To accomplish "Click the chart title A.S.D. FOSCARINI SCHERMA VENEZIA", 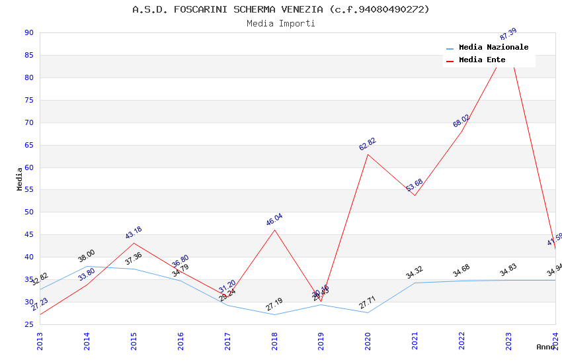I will (x=281, y=9).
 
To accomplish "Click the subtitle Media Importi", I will (x=281, y=24).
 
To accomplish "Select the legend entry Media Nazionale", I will (x=493, y=48).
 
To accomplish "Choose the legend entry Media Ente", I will (x=482, y=60).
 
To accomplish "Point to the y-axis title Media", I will (x=20, y=179).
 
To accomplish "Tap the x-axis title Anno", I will (x=545, y=347).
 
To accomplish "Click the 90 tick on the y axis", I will (x=28, y=33).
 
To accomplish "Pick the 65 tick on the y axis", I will (x=28, y=145).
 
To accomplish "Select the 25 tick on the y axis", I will (x=28, y=324).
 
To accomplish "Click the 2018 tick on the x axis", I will (x=274, y=340).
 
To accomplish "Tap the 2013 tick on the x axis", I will (x=40, y=340).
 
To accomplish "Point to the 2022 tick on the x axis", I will (x=462, y=340).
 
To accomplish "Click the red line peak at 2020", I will (x=368, y=154).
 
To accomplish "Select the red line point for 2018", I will (x=274, y=230).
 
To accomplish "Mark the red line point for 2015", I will (x=134, y=243).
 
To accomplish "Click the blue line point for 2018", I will (x=274, y=314).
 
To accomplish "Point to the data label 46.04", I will (x=274, y=220).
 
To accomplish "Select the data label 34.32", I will (x=415, y=273).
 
